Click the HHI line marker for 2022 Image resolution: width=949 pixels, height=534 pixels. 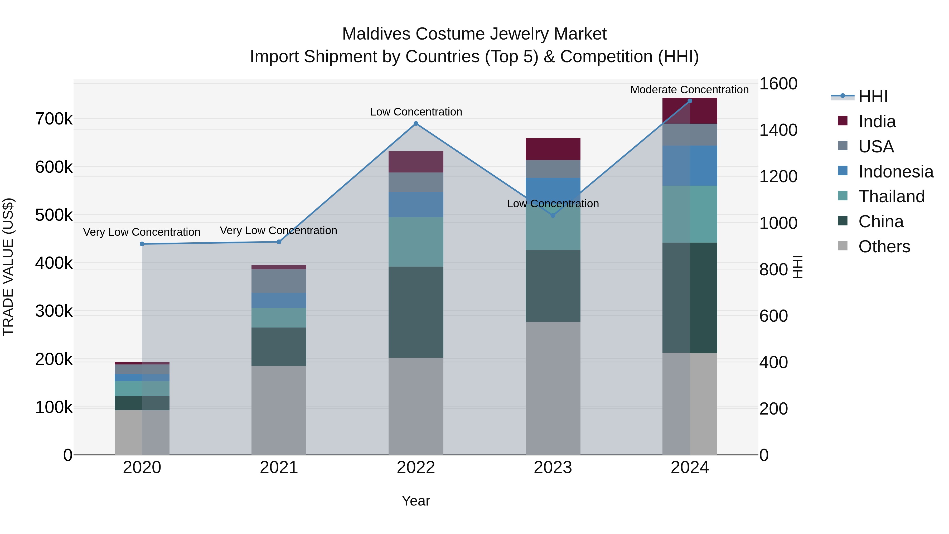click(416, 123)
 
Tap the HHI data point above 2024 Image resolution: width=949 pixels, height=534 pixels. click(690, 101)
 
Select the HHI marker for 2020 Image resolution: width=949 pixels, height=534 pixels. click(142, 244)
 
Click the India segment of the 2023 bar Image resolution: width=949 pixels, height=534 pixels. click(553, 149)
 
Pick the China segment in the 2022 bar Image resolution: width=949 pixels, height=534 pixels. click(416, 312)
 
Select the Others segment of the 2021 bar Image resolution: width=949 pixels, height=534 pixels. click(279, 410)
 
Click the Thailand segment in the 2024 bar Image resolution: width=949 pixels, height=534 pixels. click(690, 214)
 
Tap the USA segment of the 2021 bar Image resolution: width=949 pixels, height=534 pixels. click(279, 281)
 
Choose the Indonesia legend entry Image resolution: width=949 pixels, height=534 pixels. click(895, 172)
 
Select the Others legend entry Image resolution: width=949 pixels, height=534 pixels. click(884, 247)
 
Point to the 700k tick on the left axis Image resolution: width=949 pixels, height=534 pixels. click(54, 119)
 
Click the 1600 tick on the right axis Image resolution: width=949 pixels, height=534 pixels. click(778, 84)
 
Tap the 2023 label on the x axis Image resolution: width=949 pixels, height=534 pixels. click(553, 468)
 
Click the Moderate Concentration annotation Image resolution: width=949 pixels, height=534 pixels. click(689, 90)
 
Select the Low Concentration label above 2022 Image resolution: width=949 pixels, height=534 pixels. click(416, 112)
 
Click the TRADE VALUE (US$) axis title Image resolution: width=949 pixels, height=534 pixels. click(8, 267)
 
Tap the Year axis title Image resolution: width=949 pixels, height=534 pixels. click(416, 501)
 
